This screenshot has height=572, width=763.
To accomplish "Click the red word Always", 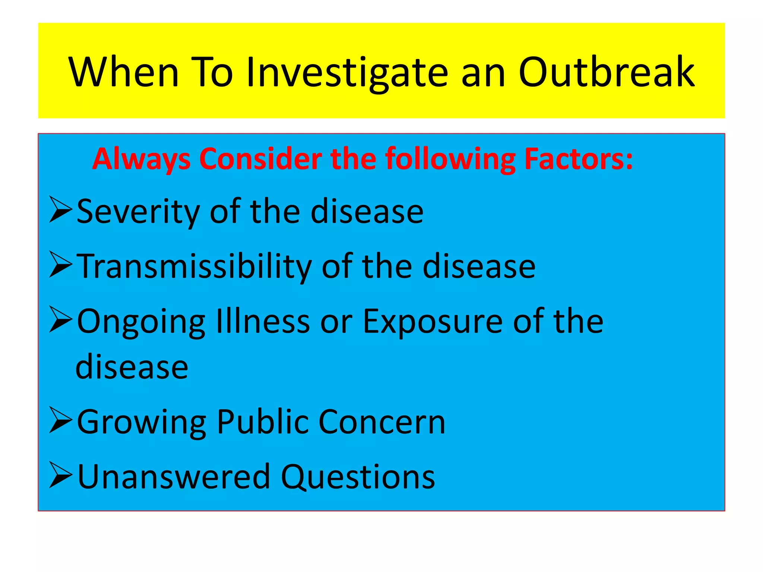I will point(141,159).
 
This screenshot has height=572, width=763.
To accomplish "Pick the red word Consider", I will point(260,159).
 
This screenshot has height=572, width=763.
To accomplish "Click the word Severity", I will point(138,212).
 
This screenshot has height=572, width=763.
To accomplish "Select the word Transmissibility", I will point(194,266).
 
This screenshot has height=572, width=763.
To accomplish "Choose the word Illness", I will point(263,321).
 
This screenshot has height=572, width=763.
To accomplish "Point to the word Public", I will point(263,422).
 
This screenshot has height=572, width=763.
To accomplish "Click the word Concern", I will point(382,422).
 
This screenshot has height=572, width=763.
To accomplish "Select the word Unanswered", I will point(174,476).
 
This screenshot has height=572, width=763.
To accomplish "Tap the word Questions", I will point(358,477).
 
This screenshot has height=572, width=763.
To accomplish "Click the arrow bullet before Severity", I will point(60,210).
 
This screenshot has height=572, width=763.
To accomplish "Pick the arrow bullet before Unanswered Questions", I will point(60,475).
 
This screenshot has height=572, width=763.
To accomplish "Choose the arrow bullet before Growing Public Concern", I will point(60,420).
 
